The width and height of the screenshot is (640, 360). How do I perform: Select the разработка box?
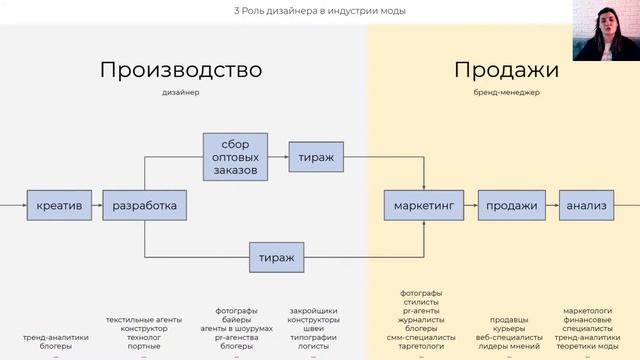[x=144, y=206]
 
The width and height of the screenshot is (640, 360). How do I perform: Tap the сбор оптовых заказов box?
[x=235, y=157]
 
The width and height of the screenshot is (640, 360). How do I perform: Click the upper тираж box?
[x=317, y=157]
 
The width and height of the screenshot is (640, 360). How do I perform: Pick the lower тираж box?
[x=277, y=257]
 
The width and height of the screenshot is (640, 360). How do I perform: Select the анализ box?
[x=587, y=206]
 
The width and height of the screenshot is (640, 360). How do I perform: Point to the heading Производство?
[x=181, y=70]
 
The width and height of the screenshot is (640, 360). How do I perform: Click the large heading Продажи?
[x=506, y=70]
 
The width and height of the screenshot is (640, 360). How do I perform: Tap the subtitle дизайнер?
[x=181, y=93]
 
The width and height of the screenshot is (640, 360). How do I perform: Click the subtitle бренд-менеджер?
[x=506, y=93]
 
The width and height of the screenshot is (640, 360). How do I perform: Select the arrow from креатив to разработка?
[x=96, y=206]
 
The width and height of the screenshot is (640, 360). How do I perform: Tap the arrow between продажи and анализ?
[x=547, y=206]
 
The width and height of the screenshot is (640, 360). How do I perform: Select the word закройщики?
[x=312, y=311]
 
